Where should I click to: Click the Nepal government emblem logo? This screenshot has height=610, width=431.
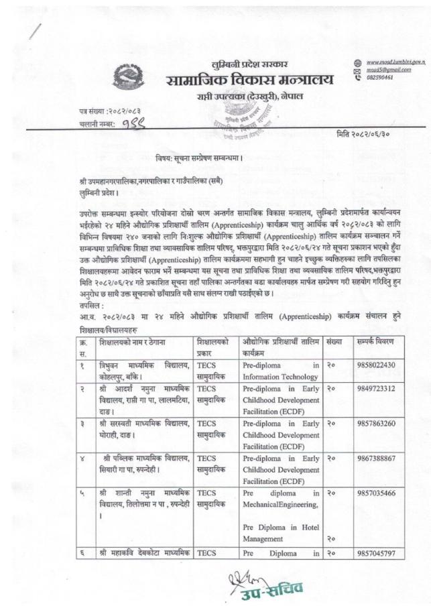[127, 74]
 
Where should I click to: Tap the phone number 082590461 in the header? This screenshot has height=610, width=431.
[379, 77]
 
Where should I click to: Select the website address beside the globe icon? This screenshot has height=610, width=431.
[391, 61]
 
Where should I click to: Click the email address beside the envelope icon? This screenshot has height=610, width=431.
[387, 69]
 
